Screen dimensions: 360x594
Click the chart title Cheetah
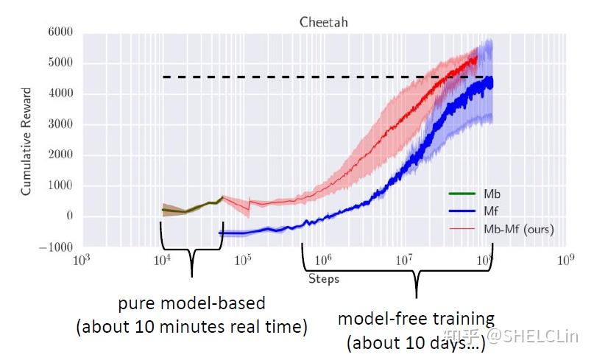323,22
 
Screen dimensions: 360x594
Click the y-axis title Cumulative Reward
26,142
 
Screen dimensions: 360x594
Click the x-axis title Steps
323,279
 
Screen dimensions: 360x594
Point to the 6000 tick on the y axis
59,32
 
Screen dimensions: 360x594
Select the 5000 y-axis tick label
59,63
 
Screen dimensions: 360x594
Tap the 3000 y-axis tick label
59,124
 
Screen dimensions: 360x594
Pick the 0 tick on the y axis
68,216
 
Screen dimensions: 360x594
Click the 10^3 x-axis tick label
80,260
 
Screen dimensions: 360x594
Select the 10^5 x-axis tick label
244,260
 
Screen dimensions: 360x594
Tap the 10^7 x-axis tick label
404,260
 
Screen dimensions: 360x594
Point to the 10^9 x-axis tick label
565,260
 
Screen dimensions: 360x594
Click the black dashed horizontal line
294,77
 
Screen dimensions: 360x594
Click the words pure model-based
191,303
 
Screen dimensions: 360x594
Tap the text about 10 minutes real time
191,327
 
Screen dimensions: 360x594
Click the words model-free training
416,320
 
